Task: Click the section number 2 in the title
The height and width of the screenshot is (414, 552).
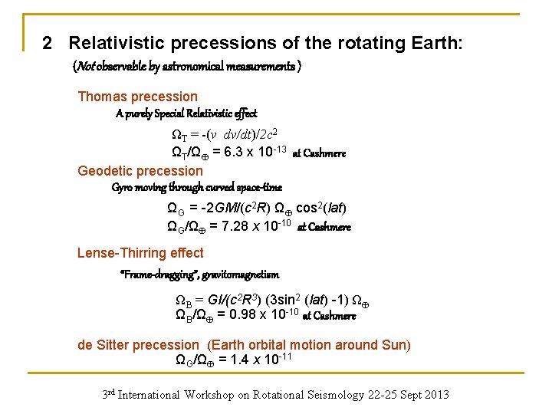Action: click(x=48, y=43)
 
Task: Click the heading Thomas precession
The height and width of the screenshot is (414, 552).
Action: click(x=137, y=97)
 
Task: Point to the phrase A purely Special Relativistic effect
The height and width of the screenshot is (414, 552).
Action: click(x=186, y=113)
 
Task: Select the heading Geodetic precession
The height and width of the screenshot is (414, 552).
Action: click(x=140, y=171)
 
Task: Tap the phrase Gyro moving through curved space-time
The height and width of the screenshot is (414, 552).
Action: click(x=196, y=187)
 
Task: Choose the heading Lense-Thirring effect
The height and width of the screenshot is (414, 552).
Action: click(x=140, y=253)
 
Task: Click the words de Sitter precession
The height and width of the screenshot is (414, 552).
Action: click(x=140, y=345)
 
